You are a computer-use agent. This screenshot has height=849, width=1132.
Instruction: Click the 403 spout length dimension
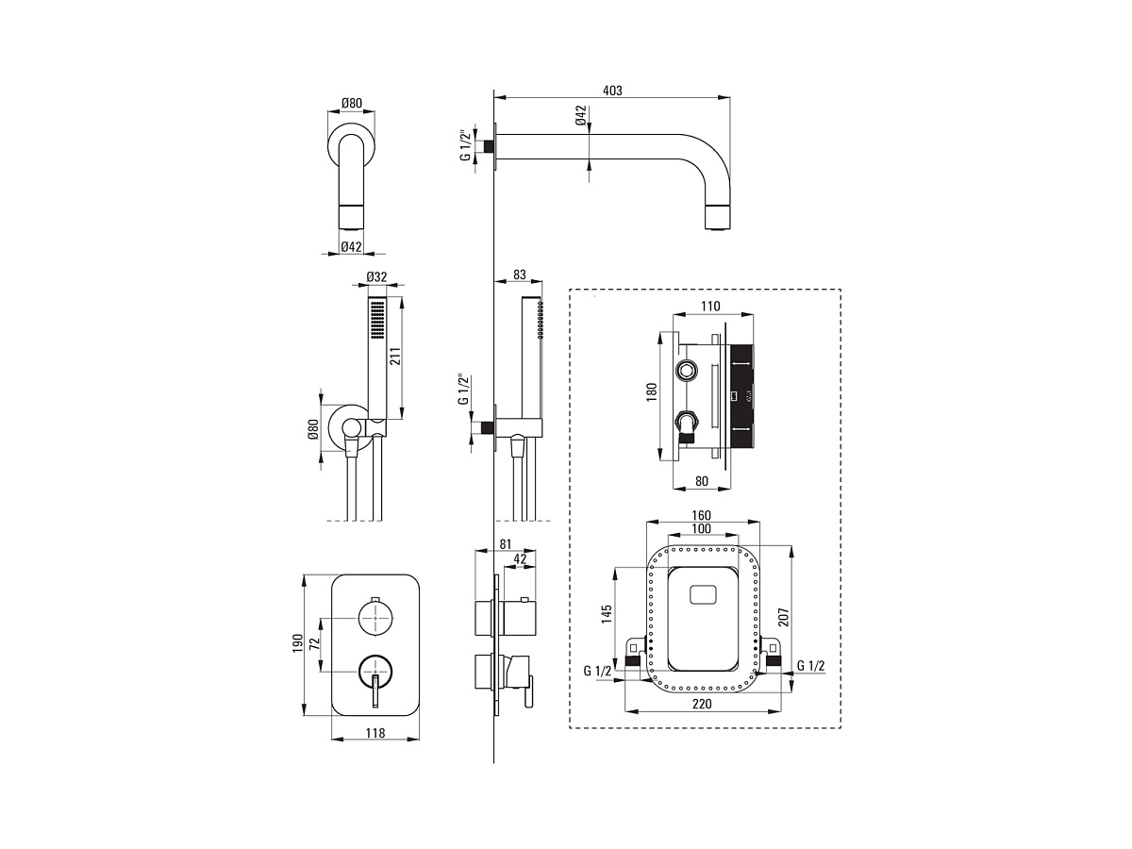[x=612, y=91]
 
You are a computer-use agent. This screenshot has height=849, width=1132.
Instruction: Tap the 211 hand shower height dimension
[x=395, y=357]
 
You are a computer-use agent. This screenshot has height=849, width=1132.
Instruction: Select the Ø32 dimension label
[x=376, y=276]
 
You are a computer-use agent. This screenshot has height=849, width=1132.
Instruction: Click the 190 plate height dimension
[x=297, y=644]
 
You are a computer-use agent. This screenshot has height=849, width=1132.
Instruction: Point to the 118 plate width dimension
[x=375, y=733]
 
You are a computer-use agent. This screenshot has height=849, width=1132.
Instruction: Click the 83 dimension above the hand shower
[x=520, y=275]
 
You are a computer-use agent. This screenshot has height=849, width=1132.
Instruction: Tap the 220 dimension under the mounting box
[x=702, y=704]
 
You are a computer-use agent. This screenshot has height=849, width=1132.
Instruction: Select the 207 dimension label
[x=783, y=617]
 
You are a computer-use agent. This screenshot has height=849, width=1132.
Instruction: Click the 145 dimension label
[x=607, y=614]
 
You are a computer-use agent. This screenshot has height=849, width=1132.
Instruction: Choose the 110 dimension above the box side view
[x=710, y=307]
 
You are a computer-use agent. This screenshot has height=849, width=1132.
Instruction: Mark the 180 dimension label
[x=651, y=392]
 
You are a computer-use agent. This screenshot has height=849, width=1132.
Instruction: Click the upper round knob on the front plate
[x=376, y=618]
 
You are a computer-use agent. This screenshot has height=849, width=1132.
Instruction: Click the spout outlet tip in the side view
[x=718, y=217]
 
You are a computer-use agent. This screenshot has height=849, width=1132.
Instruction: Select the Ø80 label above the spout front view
[x=351, y=103]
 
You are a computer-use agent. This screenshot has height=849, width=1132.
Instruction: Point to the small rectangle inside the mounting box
[x=703, y=594]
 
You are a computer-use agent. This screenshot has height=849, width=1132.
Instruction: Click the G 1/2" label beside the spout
[x=466, y=145]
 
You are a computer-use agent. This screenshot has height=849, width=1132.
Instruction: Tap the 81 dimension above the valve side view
[x=506, y=544]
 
